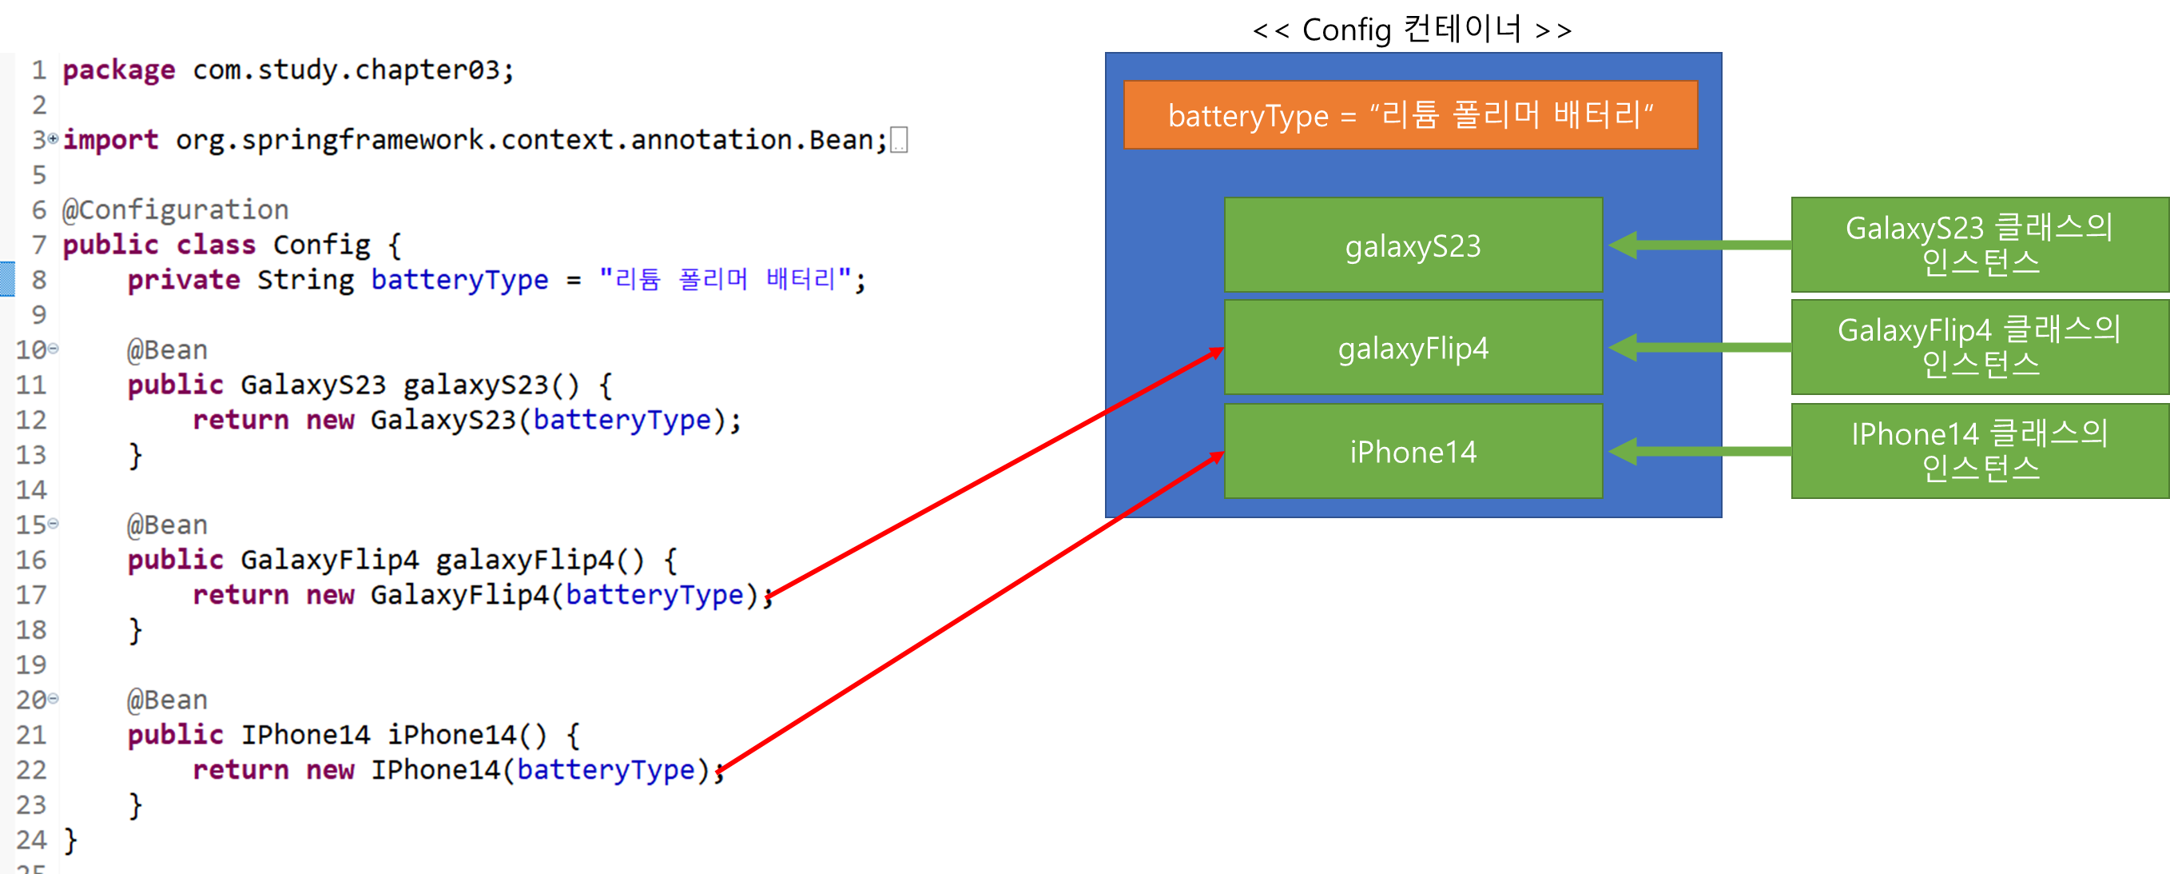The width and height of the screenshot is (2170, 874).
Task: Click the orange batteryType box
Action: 1410,115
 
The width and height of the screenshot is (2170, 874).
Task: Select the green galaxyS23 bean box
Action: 1413,245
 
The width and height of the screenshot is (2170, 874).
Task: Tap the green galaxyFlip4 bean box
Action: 1413,348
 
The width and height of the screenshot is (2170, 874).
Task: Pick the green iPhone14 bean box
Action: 1413,452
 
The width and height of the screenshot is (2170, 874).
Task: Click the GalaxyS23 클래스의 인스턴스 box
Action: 1979,245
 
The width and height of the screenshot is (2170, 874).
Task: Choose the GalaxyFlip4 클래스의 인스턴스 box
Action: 1979,348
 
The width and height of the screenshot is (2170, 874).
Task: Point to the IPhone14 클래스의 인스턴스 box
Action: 1979,452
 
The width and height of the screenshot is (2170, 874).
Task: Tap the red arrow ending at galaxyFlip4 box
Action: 994,472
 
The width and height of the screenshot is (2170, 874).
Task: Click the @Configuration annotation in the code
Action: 175,210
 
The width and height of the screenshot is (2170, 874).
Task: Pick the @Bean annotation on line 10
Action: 167,349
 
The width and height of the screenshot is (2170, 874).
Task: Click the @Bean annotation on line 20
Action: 167,700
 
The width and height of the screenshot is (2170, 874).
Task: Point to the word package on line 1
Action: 119,70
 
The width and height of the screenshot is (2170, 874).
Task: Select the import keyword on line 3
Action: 110,140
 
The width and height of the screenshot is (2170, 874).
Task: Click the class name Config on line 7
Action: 321,245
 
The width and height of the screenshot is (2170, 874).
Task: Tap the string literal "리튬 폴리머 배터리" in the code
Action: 724,280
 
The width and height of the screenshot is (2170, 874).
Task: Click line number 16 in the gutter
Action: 31,560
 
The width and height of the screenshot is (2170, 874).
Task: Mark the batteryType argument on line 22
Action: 606,769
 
